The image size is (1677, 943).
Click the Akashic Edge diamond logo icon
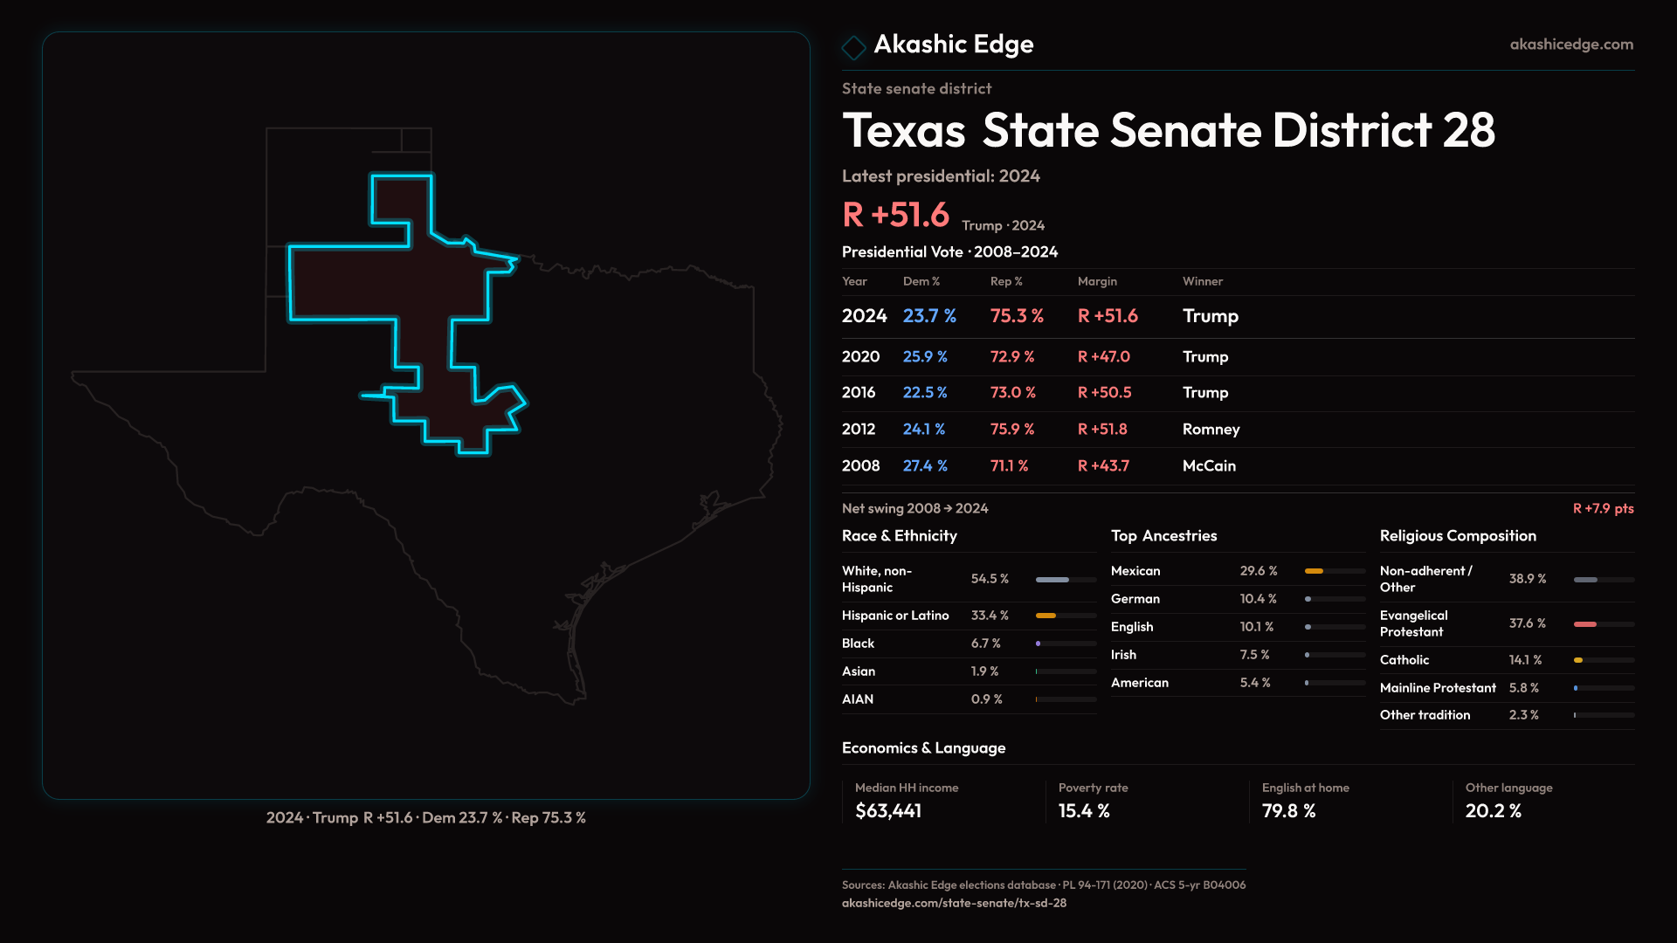[853, 47]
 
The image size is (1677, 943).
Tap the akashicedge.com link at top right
[1571, 45]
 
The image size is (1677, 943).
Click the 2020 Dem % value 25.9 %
[925, 357]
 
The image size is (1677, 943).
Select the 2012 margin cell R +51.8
[1102, 430]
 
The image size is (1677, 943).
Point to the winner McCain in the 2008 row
[1209, 466]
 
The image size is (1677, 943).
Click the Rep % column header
[1006, 282]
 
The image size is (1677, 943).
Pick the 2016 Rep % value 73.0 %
[1013, 393]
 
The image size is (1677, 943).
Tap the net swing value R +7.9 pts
[1603, 509]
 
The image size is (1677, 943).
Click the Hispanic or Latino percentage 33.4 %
[990, 616]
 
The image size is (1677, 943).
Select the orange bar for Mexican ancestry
[1314, 571]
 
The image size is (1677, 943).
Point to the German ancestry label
[1135, 599]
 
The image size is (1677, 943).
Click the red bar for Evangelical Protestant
[1585, 624]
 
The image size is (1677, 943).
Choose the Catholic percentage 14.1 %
[1525, 660]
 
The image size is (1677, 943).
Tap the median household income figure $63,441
[888, 811]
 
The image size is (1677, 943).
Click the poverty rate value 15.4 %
[1084, 811]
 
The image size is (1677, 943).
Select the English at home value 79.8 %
[1288, 811]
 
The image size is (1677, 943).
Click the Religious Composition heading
[1458, 536]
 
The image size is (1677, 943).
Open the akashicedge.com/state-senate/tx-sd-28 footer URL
[954, 904]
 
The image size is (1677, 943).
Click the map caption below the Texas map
[426, 818]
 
